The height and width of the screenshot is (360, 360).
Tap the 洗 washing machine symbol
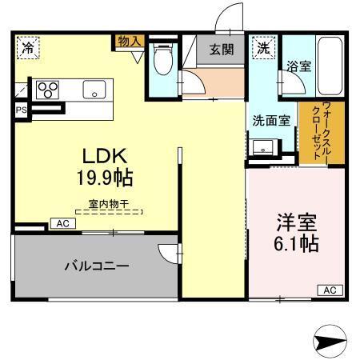[262, 46]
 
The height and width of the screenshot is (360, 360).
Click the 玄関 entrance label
[222, 50]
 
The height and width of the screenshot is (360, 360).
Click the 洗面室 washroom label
[271, 122]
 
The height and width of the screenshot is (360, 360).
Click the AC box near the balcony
[62, 224]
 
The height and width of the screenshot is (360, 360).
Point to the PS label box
[19, 109]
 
